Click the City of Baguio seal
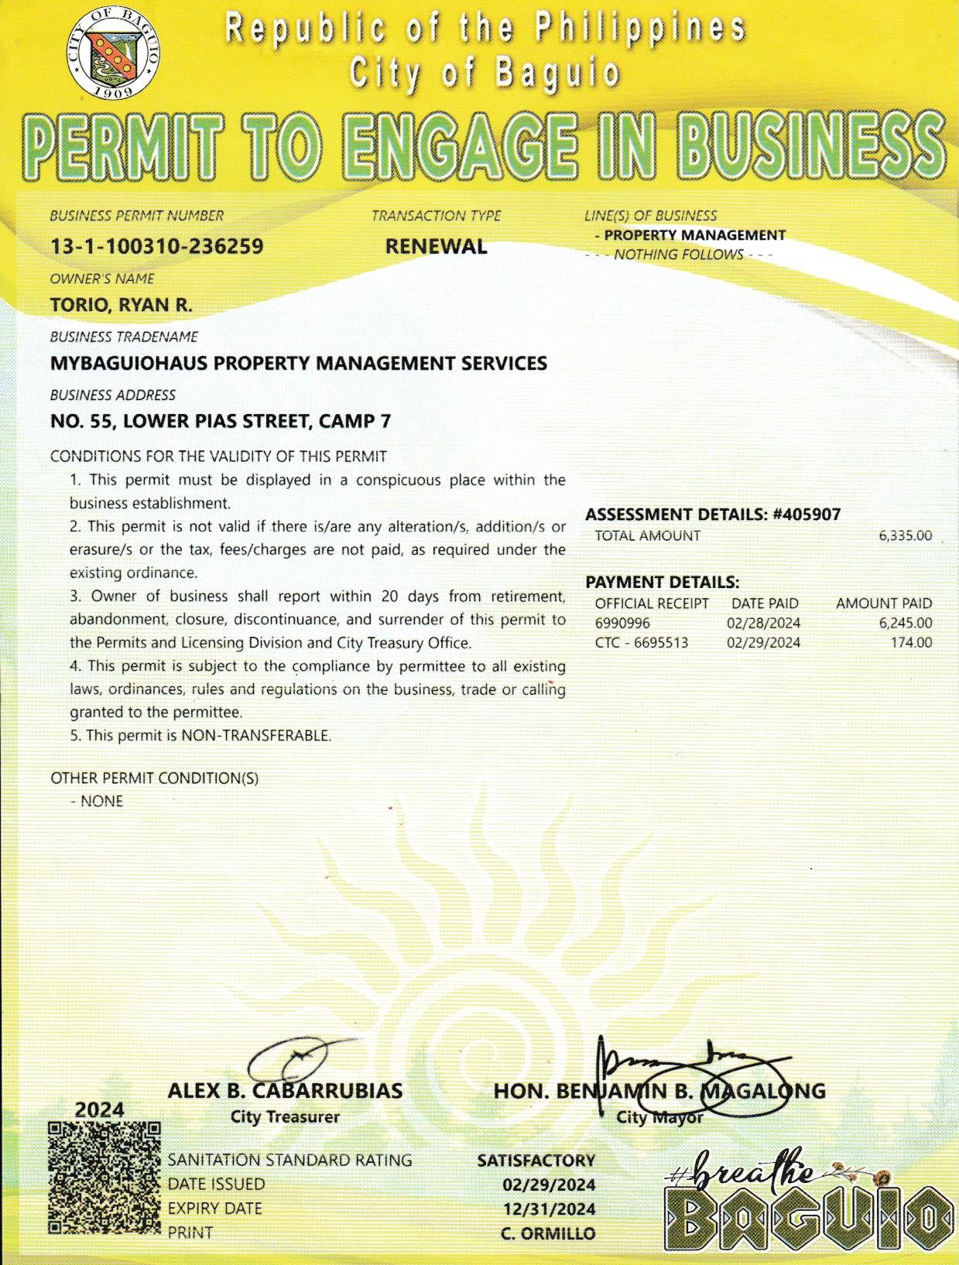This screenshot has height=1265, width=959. point(114,54)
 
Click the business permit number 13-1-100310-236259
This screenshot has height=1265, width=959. point(156,247)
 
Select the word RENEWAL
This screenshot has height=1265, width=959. point(436,247)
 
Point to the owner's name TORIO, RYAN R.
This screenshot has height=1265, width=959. point(121,305)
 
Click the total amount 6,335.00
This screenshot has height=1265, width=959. point(905,535)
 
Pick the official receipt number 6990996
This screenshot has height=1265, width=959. point(622,623)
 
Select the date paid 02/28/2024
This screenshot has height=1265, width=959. point(763,623)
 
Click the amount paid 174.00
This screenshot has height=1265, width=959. point(911,642)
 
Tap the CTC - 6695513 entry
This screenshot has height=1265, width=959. point(641,642)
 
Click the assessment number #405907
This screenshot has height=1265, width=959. point(807,515)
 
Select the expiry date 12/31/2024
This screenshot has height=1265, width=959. point(548,1209)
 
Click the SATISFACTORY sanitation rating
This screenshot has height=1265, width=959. point(536,1161)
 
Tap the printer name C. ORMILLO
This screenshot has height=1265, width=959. point(547,1233)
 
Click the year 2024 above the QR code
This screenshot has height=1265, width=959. point(99,1109)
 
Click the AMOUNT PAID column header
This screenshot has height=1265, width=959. point(883,603)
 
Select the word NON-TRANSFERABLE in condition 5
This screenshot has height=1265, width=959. point(255,736)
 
